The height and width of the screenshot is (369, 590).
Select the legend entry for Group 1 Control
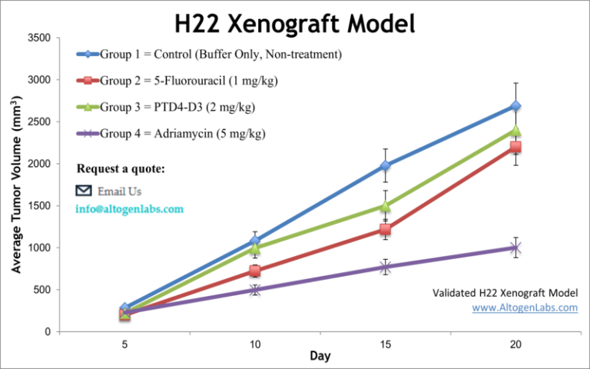[209, 54]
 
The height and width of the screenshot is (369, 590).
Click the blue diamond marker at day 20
[515, 106]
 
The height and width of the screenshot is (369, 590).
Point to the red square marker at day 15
[385, 229]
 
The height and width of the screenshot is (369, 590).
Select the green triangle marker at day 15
[385, 206]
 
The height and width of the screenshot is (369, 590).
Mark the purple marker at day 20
[515, 248]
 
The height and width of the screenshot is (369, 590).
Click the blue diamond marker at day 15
[385, 165]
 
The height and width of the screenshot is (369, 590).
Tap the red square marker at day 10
[254, 271]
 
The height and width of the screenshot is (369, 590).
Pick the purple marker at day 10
[254, 290]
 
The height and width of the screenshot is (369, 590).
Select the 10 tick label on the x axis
[254, 344]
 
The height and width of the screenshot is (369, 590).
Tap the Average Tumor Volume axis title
[16, 184]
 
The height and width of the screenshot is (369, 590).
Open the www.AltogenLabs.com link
[524, 307]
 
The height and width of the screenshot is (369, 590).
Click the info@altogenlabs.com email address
[129, 209]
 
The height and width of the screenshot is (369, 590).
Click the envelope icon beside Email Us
[83, 191]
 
